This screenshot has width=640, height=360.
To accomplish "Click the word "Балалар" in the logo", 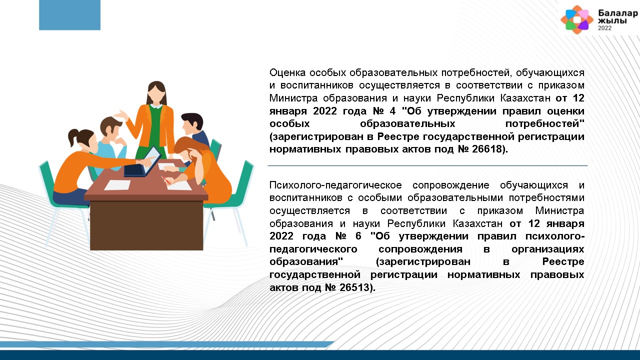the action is point(617,13).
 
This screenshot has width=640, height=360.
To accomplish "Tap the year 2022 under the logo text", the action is point(605,28).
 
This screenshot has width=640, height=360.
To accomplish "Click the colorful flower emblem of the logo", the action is point(577,19).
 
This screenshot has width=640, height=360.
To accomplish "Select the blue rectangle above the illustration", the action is point(69,15).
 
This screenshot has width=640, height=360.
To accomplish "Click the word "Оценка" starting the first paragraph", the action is point(287,72).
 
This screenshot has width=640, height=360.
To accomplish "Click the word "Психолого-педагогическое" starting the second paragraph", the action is point(335,185).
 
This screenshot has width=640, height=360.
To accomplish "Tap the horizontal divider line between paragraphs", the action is point(427,165).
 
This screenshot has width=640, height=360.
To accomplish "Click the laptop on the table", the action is point(143,162).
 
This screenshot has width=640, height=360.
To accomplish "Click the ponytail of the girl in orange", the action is point(73,137).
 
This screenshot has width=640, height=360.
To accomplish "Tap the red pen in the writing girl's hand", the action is point(165,180).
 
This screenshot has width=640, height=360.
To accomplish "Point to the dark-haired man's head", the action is point(192,123).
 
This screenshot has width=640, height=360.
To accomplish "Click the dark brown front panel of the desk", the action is point(146,225).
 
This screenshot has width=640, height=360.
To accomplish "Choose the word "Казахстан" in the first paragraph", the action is point(525,98).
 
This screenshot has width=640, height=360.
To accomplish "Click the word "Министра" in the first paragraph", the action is point(293,98).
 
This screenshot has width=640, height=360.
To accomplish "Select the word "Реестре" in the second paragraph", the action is point(563,261).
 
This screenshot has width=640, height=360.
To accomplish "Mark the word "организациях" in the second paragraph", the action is point(547,249).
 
